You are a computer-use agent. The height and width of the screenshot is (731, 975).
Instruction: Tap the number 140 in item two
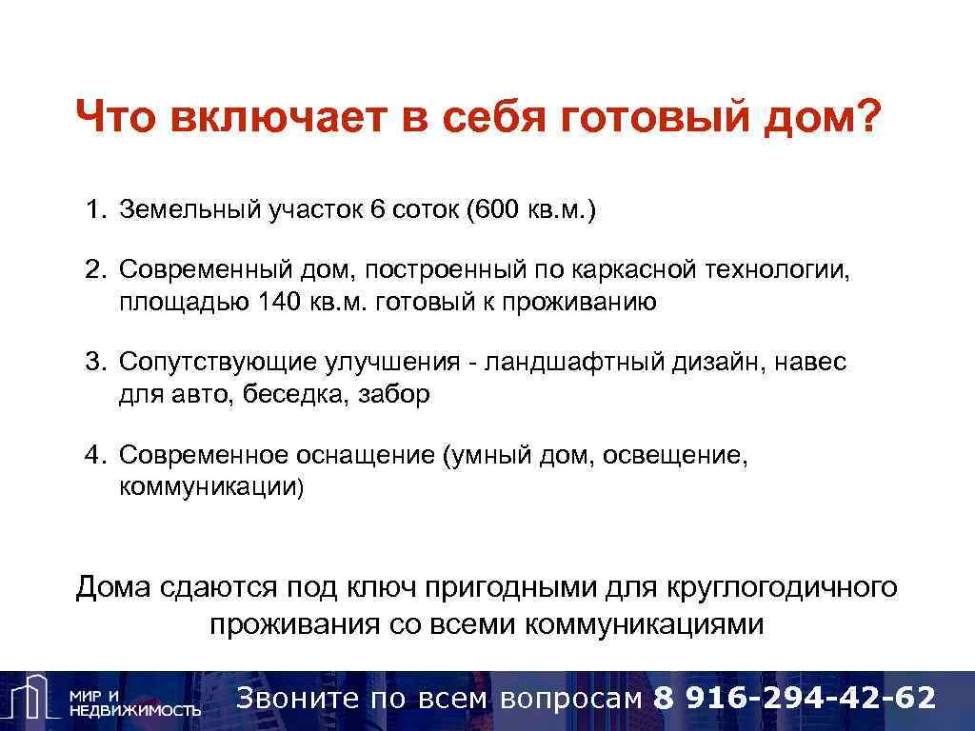coord(280,302)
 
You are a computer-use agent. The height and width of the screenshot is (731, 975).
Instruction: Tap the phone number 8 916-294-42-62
coord(795,698)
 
